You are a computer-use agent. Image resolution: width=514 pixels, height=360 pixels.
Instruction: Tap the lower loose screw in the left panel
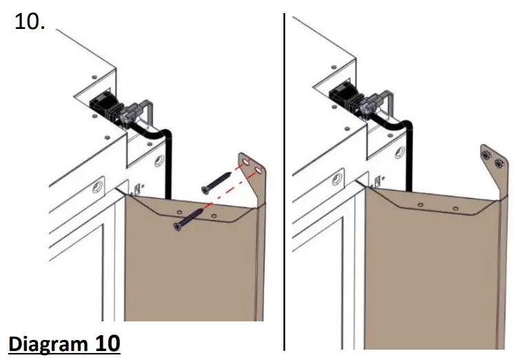pyautogui.click(x=189, y=219)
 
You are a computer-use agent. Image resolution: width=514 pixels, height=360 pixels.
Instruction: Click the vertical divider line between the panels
pyautogui.click(x=284, y=179)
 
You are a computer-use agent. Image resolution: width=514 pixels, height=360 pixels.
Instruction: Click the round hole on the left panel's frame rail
pyautogui.click(x=96, y=186)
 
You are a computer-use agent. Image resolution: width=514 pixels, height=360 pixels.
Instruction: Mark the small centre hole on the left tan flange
pyautogui.click(x=179, y=210)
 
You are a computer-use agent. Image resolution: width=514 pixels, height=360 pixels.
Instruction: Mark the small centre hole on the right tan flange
pyautogui.click(x=421, y=206)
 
